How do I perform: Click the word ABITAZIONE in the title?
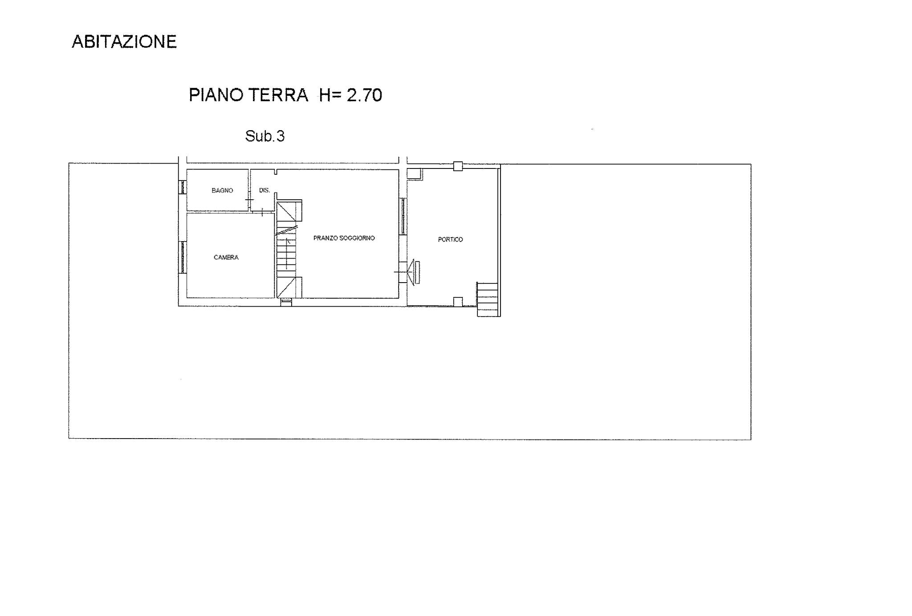tap(124, 41)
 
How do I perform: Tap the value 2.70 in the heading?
tap(364, 95)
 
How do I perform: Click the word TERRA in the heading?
tap(278, 95)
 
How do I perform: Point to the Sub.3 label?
tap(265, 136)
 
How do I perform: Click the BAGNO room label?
tap(222, 190)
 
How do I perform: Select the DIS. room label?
tap(265, 190)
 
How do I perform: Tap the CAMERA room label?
tap(226, 257)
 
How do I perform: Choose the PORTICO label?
tap(450, 239)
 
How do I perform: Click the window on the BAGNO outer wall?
tap(183, 187)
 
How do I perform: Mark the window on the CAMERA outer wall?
tap(183, 257)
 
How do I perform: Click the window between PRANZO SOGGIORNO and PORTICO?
tap(403, 216)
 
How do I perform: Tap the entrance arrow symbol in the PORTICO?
tap(412, 272)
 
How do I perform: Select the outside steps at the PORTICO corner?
tap(489, 299)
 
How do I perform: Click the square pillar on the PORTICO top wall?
tap(458, 166)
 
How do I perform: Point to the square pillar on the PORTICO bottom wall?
tap(458, 302)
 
